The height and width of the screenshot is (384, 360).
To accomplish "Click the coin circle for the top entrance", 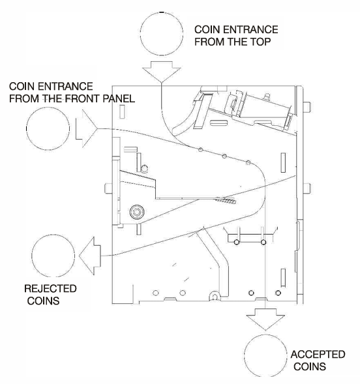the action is [162, 12].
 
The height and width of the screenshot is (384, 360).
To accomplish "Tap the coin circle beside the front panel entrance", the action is [48, 108].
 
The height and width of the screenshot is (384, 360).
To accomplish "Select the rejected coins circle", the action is [53, 234].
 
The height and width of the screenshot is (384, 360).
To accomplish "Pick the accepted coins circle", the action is [265, 334].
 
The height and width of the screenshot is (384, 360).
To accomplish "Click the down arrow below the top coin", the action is [162, 72].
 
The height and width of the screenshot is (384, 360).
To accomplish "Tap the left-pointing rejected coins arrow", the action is [90, 256].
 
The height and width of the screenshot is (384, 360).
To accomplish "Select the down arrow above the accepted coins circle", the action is [265, 319].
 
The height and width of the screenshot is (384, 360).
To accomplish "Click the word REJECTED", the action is [50, 289].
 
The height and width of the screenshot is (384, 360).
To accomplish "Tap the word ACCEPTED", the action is [318, 355].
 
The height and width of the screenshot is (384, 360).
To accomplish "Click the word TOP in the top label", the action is [260, 42].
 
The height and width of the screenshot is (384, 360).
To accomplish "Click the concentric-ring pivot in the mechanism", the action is [137, 212].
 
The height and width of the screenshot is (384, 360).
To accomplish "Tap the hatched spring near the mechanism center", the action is [226, 200].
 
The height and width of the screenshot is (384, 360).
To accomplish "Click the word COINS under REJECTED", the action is [43, 301].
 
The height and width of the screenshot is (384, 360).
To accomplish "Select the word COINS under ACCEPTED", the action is [310, 366].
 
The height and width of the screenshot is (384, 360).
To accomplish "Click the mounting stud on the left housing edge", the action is [108, 188].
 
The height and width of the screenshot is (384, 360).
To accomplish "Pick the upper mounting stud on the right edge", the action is [307, 107].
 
